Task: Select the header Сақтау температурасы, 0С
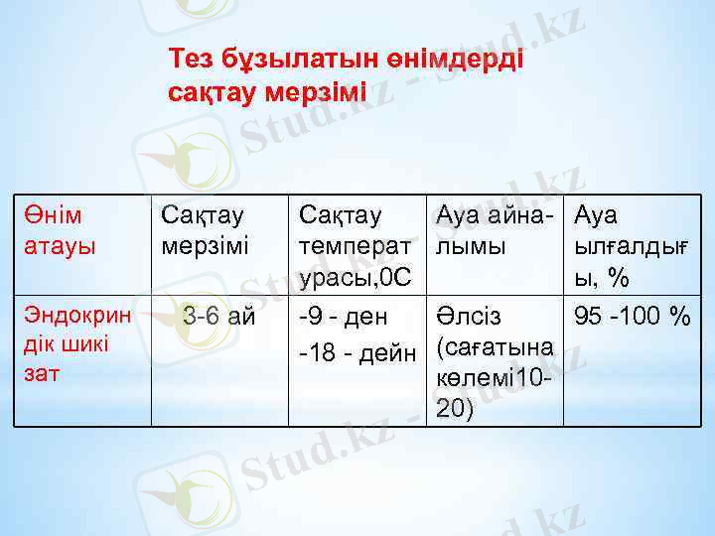point(355,245)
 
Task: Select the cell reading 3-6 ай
point(218,318)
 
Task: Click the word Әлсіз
point(469,318)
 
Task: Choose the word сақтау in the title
point(212,93)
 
